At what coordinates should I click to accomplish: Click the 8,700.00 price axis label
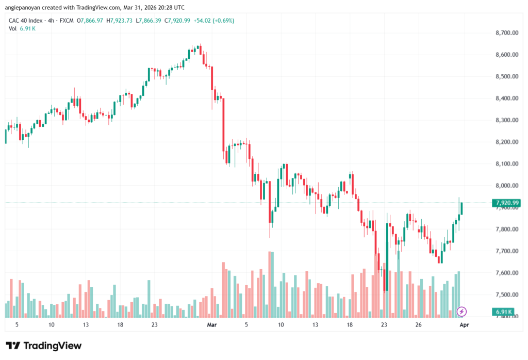(x=505, y=33)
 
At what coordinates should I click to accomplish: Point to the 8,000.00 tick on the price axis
(x=505, y=186)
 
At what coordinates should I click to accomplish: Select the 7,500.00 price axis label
(x=505, y=295)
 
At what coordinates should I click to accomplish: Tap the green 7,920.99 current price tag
(x=506, y=203)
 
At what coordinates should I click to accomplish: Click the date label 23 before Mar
(x=154, y=325)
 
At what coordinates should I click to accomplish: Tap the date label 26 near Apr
(x=419, y=325)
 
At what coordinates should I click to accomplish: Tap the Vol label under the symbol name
(x=13, y=28)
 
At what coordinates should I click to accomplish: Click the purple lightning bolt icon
(x=462, y=312)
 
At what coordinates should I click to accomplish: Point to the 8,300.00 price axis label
(x=505, y=120)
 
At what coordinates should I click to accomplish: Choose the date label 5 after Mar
(x=246, y=325)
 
